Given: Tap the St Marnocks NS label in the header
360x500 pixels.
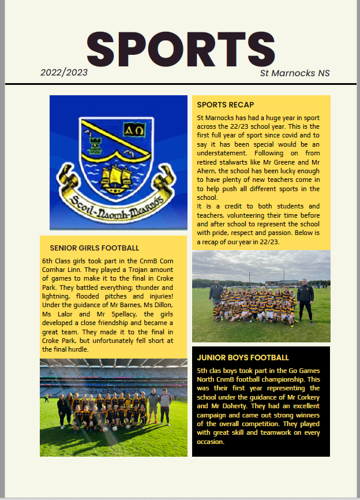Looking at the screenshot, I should point(295,73).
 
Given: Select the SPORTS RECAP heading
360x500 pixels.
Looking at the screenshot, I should point(225,105).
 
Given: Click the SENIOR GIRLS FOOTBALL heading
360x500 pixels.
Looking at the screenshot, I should point(95,248).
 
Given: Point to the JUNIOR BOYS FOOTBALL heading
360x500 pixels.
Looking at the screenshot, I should point(243,357).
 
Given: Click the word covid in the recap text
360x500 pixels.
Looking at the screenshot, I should point(289,135).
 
